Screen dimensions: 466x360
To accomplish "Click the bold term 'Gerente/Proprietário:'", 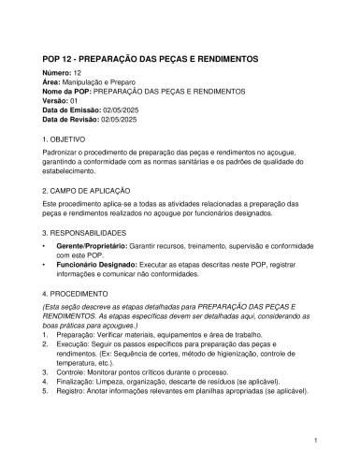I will tap(92, 244).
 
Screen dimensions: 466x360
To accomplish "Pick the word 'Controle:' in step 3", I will tap(72, 371).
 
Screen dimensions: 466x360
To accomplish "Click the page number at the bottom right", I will tap(317, 440).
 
